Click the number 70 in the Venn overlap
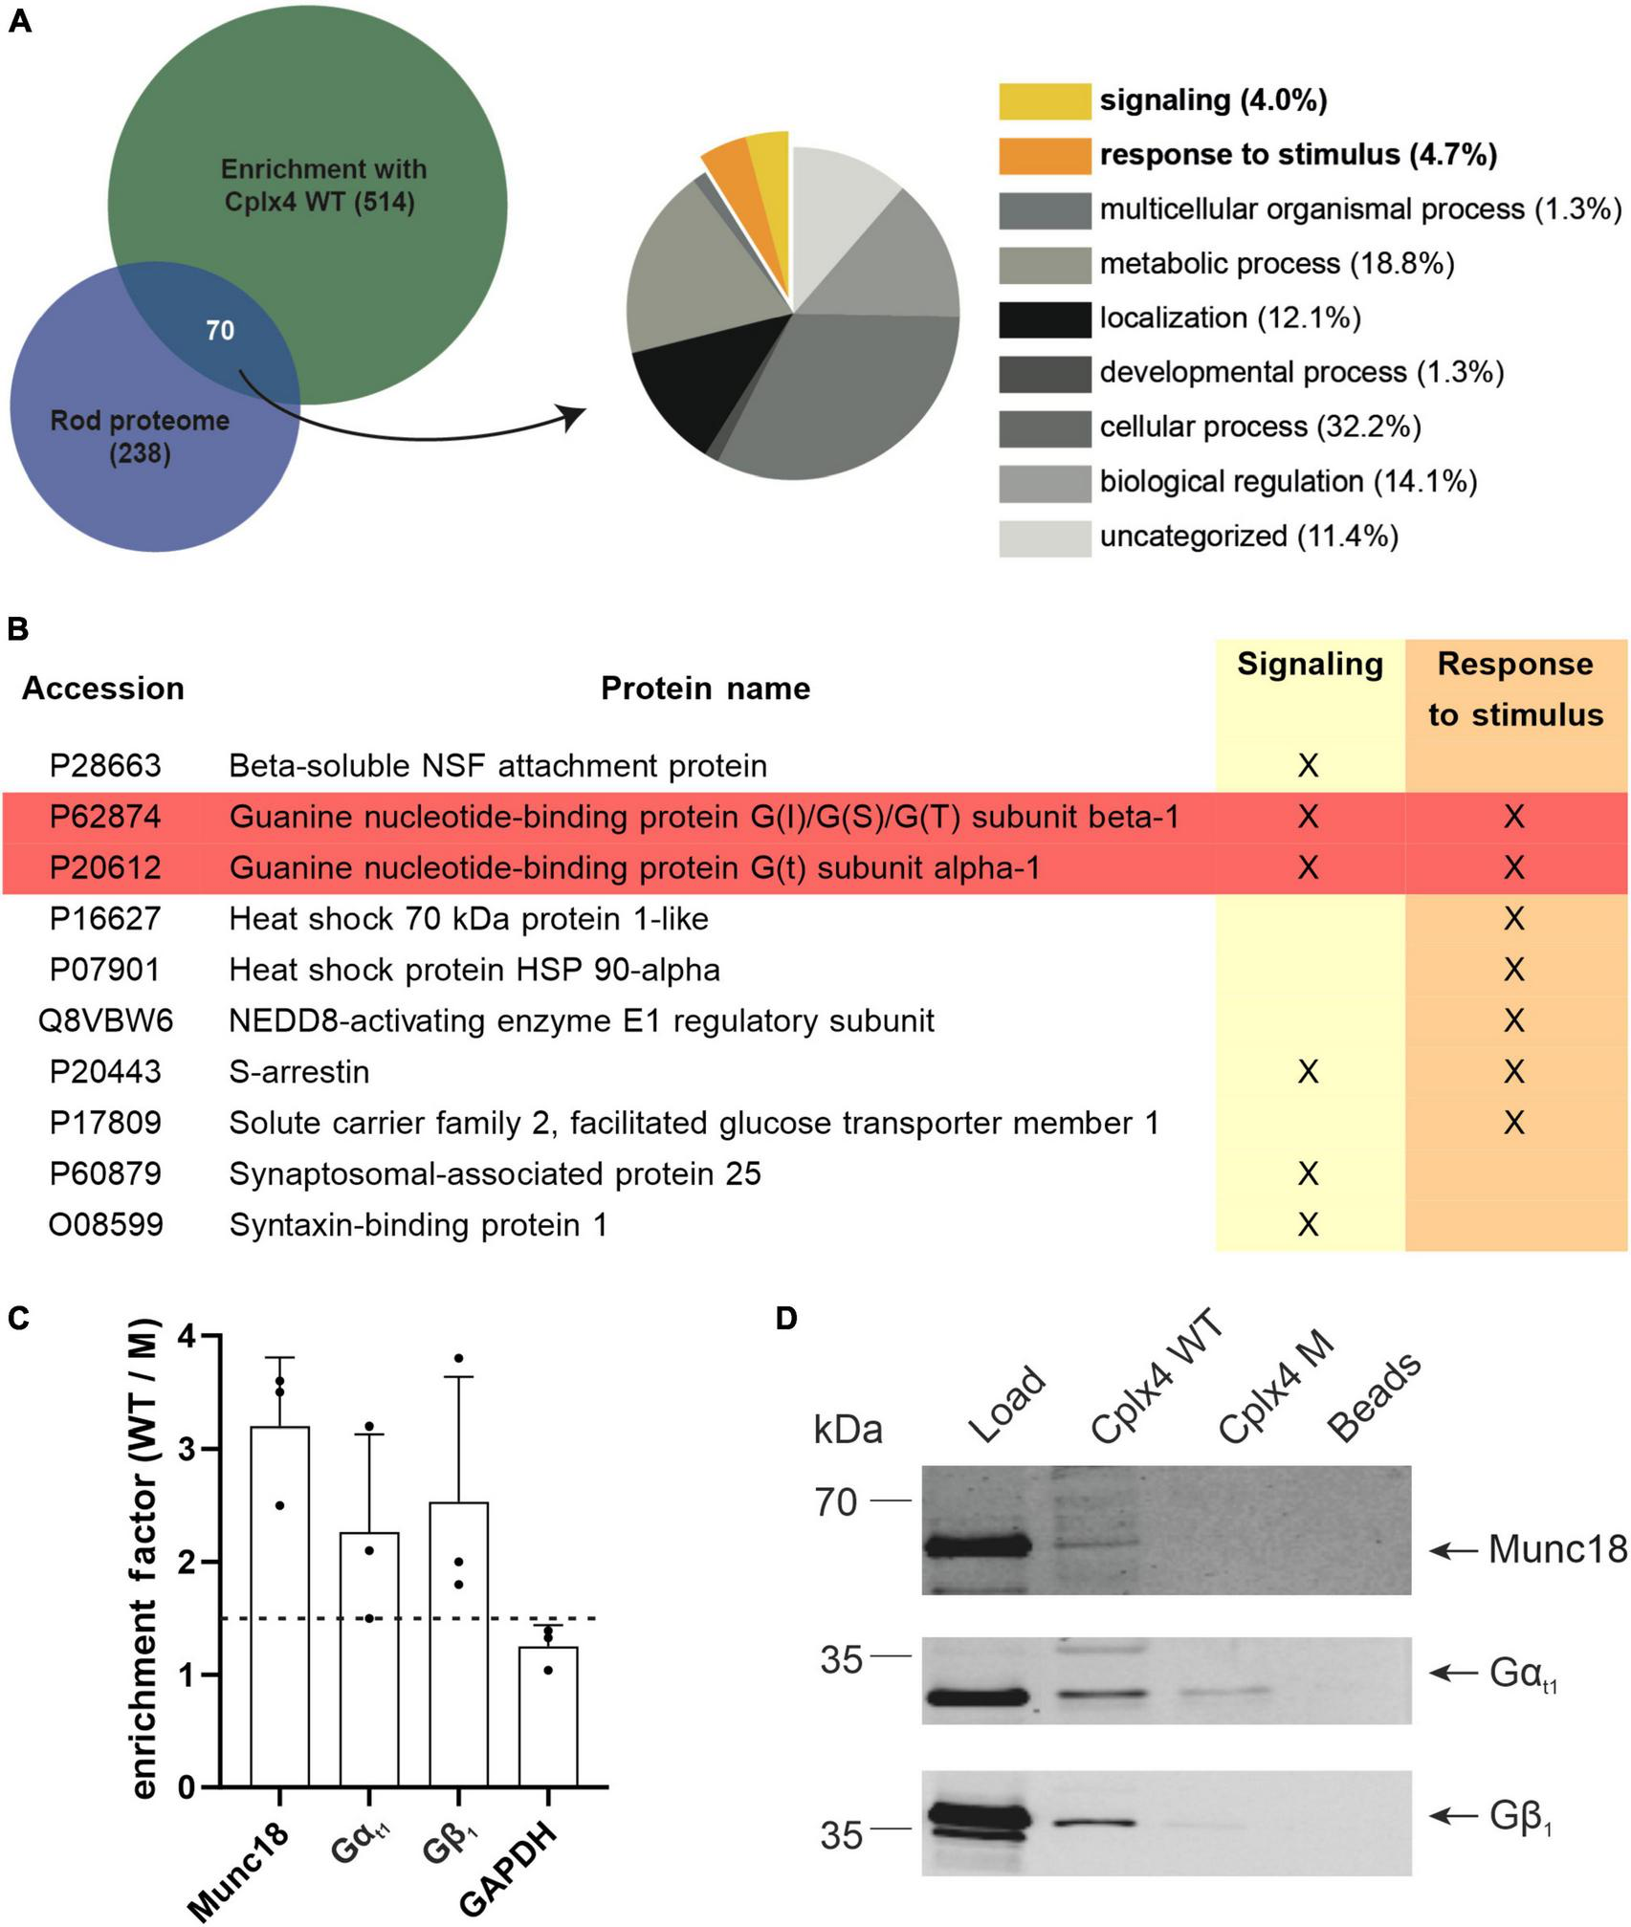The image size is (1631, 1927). pos(220,331)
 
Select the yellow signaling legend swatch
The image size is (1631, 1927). pos(1045,101)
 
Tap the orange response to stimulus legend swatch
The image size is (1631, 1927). pos(1045,156)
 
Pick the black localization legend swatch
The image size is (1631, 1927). pos(1045,319)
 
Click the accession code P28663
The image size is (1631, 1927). pos(105,766)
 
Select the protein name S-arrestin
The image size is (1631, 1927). pos(299,1072)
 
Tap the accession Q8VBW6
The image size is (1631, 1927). pos(105,1021)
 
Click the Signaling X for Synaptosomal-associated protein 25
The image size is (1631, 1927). pos(1308,1174)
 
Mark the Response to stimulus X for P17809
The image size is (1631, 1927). pos(1513,1123)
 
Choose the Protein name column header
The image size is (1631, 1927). pos(705,689)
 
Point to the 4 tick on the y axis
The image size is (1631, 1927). pos(187,1337)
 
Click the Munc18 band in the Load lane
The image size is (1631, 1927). pos(976,1546)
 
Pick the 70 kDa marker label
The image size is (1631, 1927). pos(836,1503)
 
